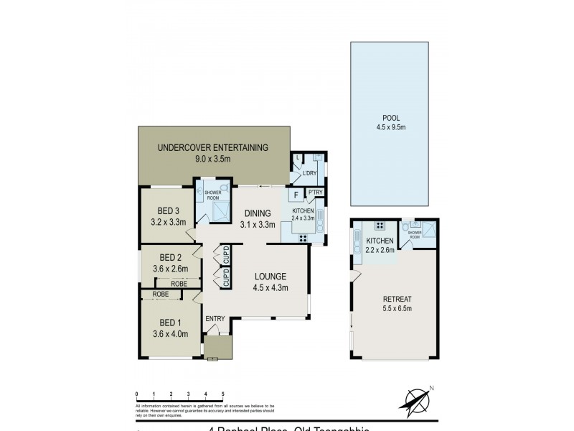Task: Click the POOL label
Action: [x=391, y=118]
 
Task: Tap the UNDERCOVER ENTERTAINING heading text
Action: [x=212, y=148]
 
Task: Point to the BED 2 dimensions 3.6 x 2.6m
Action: [x=170, y=269]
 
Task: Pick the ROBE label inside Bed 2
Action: [x=179, y=283]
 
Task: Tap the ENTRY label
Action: [x=215, y=319]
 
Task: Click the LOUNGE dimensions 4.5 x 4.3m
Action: [x=269, y=288]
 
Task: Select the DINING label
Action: [x=257, y=213]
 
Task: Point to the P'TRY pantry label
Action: [x=315, y=193]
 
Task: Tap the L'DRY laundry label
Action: [x=310, y=174]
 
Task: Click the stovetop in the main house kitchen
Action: [x=303, y=238]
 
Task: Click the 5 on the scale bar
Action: [x=223, y=394]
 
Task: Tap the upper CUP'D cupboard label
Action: [x=225, y=254]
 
